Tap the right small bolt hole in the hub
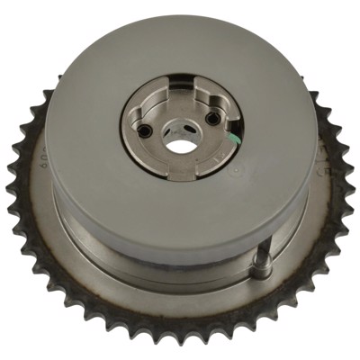[211, 119]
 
